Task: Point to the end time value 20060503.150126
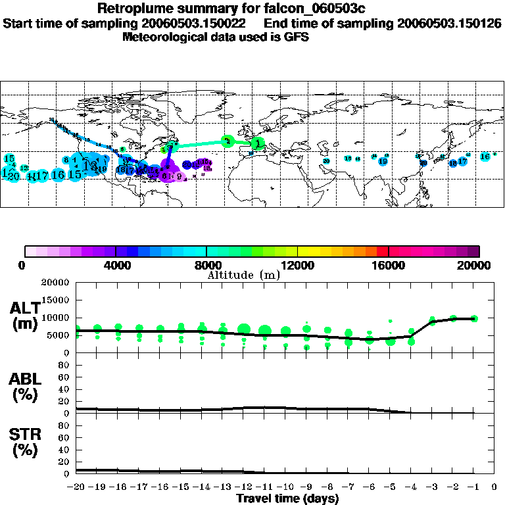click(x=450, y=23)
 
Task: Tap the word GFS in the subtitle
click(x=297, y=37)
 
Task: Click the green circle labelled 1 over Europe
click(x=259, y=142)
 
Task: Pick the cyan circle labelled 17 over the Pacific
click(x=42, y=176)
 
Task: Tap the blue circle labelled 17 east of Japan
click(x=463, y=160)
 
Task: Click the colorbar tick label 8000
click(x=206, y=266)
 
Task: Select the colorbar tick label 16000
click(x=389, y=266)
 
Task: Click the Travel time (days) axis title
click(x=287, y=499)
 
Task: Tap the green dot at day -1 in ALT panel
click(x=474, y=318)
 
